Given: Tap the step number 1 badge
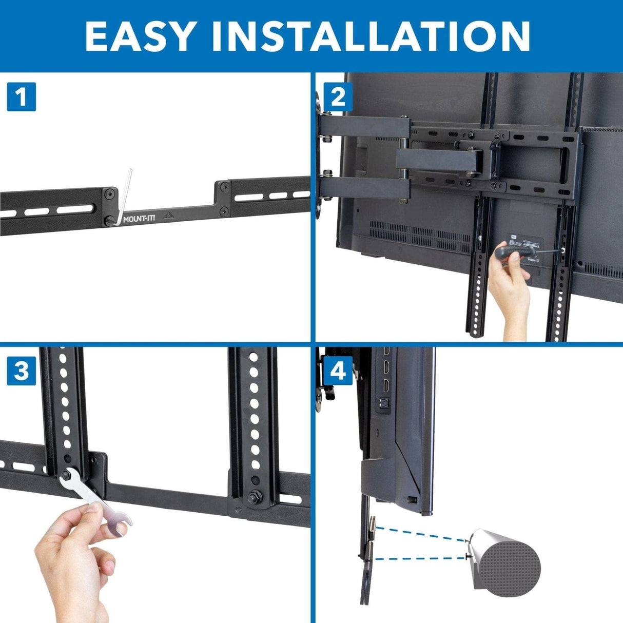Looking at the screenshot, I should [21, 96].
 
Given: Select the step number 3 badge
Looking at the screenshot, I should [21, 371].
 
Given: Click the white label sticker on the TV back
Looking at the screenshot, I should [523, 241].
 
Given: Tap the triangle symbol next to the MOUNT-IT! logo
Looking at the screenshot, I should [167, 216].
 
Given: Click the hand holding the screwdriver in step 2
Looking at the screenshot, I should [508, 293].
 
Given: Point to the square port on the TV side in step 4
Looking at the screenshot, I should [382, 404].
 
